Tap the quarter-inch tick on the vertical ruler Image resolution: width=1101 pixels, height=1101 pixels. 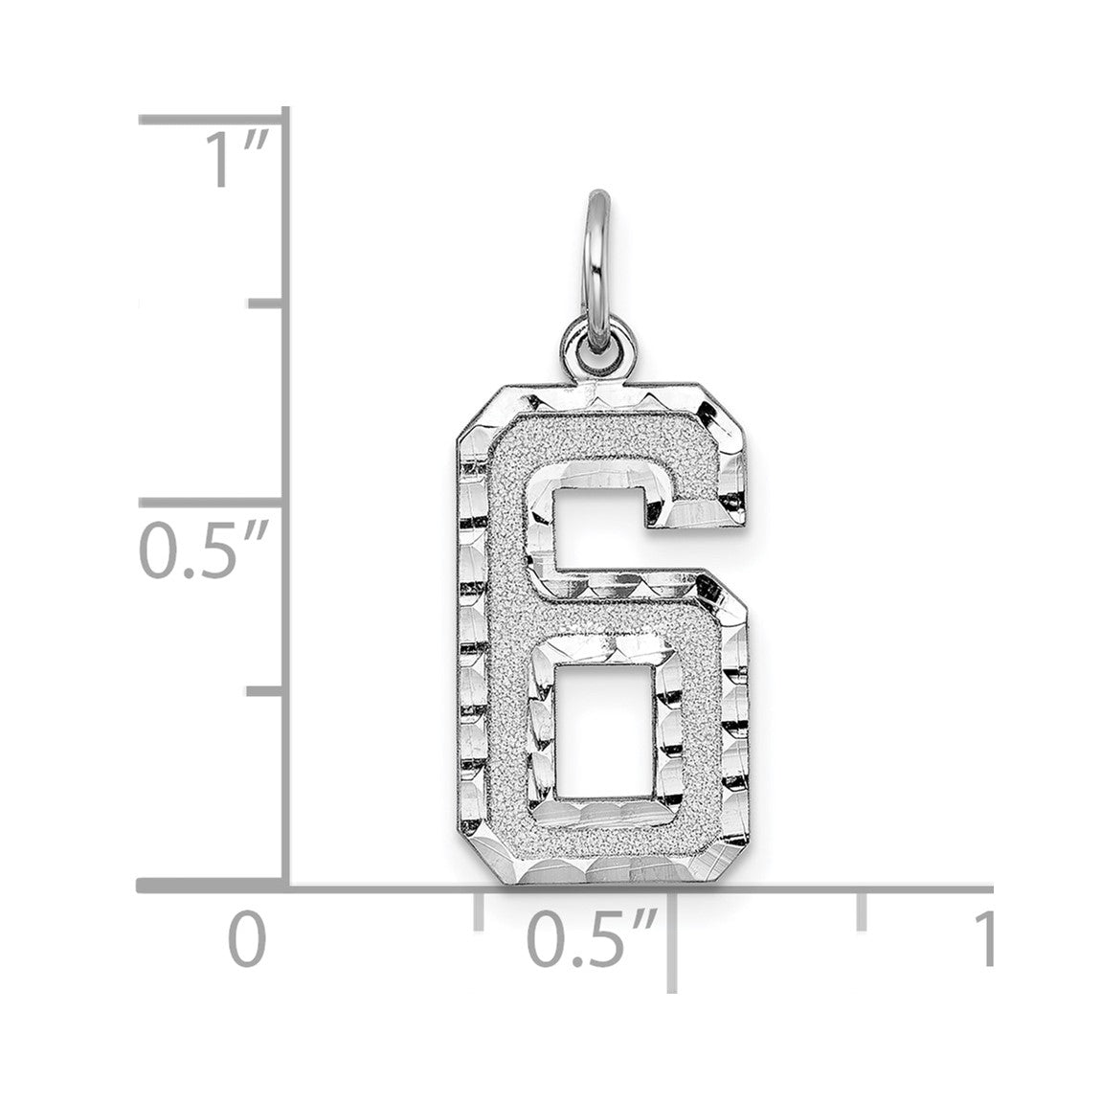pyautogui.click(x=267, y=691)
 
